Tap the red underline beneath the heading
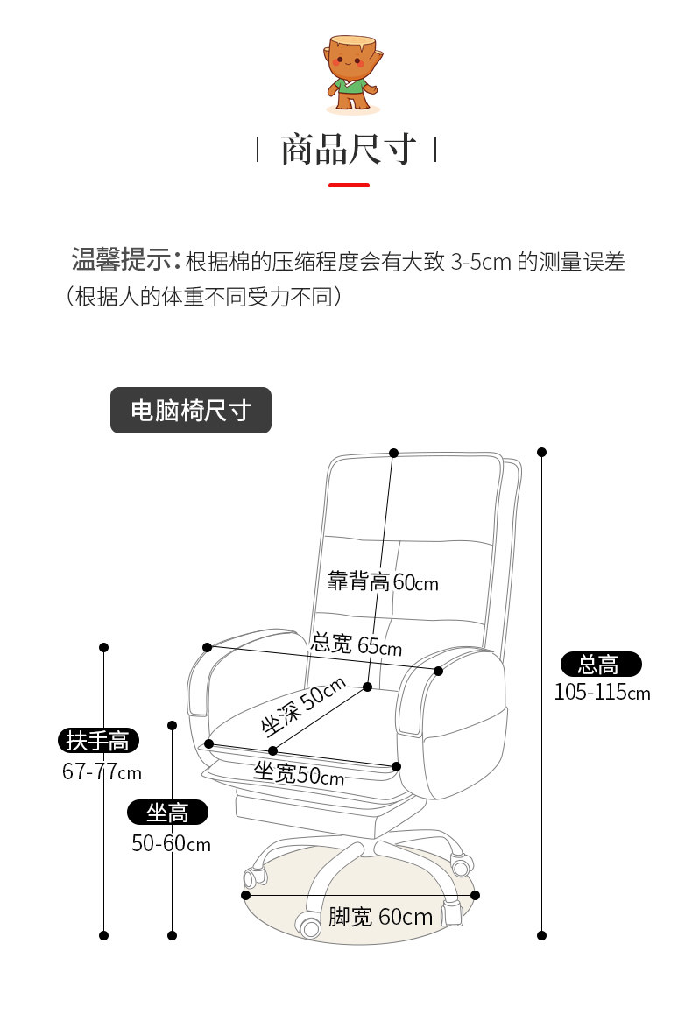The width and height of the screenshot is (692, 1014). [349, 185]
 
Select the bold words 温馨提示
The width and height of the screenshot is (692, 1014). [122, 261]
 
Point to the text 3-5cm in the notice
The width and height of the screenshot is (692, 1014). [481, 262]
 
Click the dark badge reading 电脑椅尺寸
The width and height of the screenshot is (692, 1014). [191, 411]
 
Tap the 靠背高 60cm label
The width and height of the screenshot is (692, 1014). [383, 581]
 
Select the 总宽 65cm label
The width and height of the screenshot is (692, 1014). [357, 645]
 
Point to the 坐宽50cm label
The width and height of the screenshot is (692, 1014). [298, 774]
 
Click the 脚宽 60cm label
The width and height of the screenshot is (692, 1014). [380, 917]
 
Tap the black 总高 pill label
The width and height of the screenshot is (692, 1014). [600, 665]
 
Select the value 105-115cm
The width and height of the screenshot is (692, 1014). [602, 693]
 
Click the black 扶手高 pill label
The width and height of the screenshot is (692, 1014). [98, 741]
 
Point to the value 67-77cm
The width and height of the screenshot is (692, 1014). [102, 772]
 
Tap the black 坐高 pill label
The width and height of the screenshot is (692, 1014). [168, 813]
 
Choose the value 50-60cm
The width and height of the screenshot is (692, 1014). [171, 844]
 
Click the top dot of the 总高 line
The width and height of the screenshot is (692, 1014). [542, 453]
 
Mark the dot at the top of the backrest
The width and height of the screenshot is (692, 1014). [394, 453]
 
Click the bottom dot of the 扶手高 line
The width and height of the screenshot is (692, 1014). [103, 935]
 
